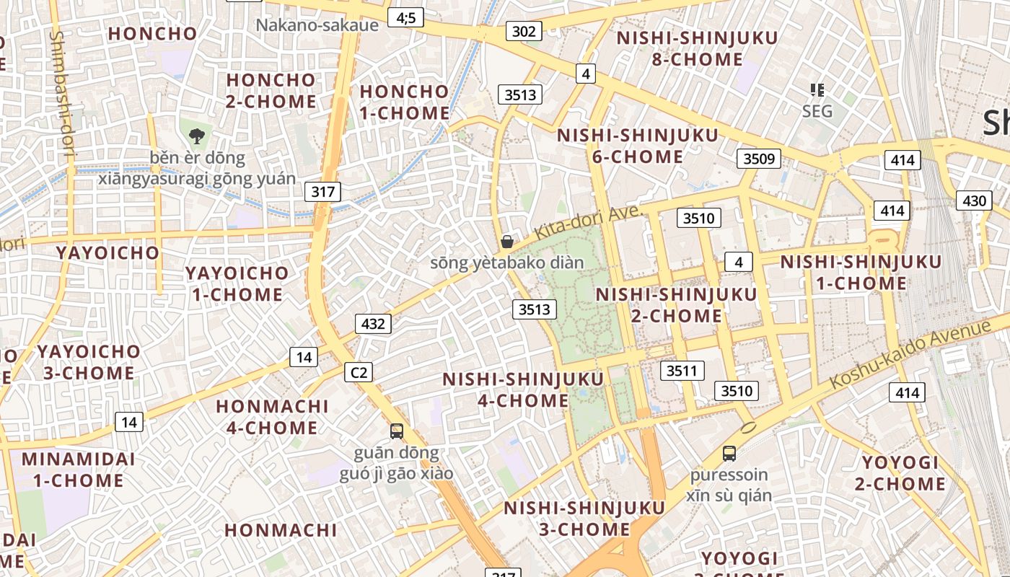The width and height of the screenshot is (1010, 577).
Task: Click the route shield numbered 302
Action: (x=524, y=31)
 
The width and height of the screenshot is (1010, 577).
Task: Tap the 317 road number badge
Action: (x=322, y=192)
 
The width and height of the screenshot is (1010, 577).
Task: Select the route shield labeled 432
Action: (x=373, y=324)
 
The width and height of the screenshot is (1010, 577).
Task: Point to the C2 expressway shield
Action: (x=359, y=372)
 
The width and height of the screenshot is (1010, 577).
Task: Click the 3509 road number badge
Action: (x=759, y=159)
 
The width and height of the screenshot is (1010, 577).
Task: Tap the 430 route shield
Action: (x=974, y=201)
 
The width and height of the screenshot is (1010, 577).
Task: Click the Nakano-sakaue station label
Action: (x=317, y=25)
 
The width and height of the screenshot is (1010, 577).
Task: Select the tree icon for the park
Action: (x=196, y=136)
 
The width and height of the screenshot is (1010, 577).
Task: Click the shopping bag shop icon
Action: (x=507, y=242)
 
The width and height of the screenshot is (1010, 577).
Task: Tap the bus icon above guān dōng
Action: (x=397, y=431)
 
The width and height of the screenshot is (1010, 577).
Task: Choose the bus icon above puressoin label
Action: (x=729, y=454)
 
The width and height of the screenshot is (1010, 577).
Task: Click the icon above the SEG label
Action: (x=817, y=90)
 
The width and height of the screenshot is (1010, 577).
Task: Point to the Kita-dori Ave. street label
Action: (x=588, y=224)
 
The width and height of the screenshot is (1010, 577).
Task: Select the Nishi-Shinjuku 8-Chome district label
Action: (x=698, y=48)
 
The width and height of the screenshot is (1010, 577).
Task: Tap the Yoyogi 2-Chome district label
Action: (x=900, y=473)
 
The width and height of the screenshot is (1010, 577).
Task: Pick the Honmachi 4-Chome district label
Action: (x=273, y=417)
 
